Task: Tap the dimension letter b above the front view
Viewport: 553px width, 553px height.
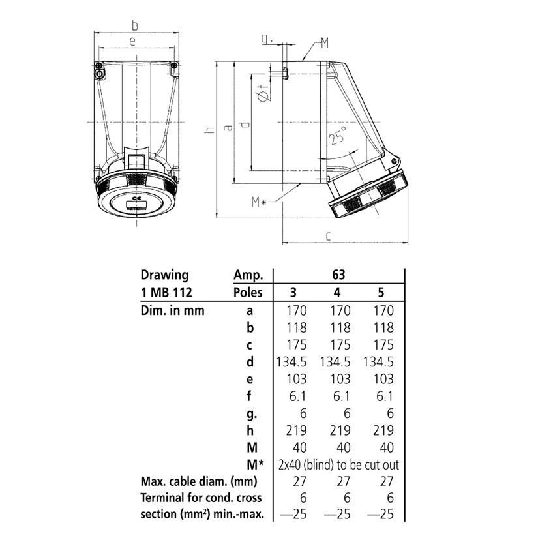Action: (135, 25)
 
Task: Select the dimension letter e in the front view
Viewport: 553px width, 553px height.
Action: (132, 42)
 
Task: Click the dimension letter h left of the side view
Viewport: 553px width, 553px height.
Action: (209, 130)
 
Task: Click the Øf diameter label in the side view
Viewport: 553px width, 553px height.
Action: (263, 95)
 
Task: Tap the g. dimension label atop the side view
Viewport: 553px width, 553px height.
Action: (266, 40)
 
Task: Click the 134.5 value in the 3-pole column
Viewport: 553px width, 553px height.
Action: (293, 362)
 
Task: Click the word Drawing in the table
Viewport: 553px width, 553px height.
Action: (165, 275)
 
